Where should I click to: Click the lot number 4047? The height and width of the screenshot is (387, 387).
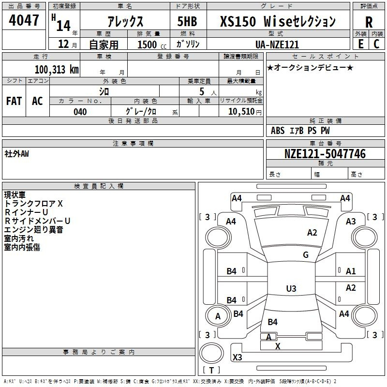click(24, 20)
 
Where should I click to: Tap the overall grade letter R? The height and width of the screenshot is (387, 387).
click(369, 22)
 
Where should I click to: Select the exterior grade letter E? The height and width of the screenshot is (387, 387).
click(361, 44)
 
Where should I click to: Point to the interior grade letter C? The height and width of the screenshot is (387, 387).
click(376, 44)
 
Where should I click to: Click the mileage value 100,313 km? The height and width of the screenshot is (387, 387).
click(57, 70)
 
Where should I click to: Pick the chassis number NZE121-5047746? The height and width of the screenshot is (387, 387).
click(325, 154)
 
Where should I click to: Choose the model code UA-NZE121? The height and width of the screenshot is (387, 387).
click(277, 45)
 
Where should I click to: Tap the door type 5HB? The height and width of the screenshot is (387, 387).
click(187, 21)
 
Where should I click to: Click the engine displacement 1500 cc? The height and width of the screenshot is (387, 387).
click(152, 45)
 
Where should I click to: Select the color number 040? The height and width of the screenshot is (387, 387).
click(80, 112)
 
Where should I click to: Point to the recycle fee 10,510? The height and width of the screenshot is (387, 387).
click(241, 112)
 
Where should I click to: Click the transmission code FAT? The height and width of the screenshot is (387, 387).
click(14, 101)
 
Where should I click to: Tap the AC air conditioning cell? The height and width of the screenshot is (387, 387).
click(38, 101)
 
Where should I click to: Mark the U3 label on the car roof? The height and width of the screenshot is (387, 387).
click(291, 288)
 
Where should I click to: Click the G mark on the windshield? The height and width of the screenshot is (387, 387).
click(306, 255)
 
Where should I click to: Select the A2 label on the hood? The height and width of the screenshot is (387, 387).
click(312, 233)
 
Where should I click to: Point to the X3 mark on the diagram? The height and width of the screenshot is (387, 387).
click(238, 357)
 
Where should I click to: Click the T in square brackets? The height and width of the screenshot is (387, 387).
click(211, 370)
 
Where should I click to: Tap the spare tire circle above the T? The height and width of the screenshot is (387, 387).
click(211, 353)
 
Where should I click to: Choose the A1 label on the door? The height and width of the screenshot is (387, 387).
click(351, 271)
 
